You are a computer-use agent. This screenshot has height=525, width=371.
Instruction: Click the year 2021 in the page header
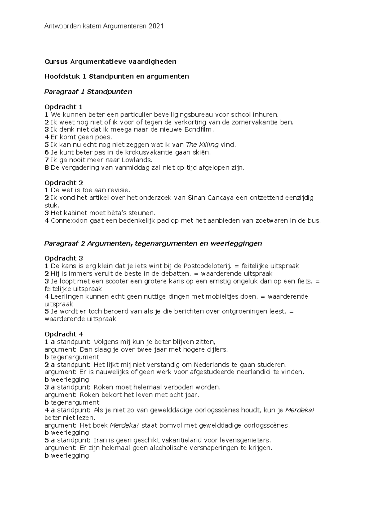click(x=156, y=26)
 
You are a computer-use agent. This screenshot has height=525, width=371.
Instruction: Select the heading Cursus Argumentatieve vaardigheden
click(x=110, y=61)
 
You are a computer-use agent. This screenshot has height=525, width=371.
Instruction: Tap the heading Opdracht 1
click(x=63, y=107)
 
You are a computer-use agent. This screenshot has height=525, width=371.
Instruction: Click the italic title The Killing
click(x=202, y=145)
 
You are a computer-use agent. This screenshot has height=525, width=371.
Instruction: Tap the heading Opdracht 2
click(x=63, y=183)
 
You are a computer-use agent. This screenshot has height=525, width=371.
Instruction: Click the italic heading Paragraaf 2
click(x=65, y=243)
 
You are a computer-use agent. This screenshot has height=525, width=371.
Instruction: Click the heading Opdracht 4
click(x=64, y=334)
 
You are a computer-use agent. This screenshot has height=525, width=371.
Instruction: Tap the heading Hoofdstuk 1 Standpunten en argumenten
click(x=117, y=76)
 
